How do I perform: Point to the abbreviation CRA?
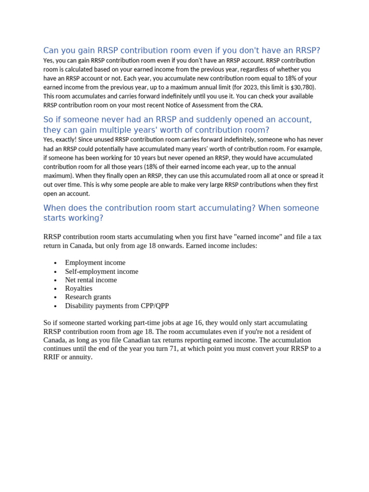pos(255,105)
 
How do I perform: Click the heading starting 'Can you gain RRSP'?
pos(182,50)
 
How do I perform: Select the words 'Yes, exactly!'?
pos(60,140)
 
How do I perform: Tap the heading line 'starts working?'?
pos(73,218)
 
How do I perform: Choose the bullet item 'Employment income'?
pos(95,263)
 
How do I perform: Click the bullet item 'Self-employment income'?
pos(101,271)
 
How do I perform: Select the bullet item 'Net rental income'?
pos(91,280)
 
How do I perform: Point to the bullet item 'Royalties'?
pos(79,289)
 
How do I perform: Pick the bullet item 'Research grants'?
pos(88,297)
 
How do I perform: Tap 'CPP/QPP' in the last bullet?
pos(154,306)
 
